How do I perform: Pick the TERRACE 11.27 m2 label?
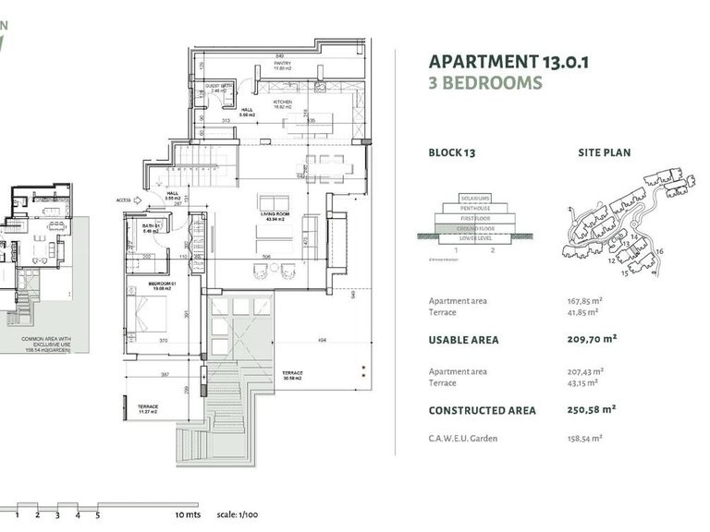(x=149, y=408)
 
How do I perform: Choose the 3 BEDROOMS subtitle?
(x=485, y=83)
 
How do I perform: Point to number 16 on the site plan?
(x=659, y=250)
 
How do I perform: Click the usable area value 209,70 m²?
(x=591, y=339)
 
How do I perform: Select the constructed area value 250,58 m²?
(x=591, y=410)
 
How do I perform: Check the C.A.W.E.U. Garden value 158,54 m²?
(x=584, y=438)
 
